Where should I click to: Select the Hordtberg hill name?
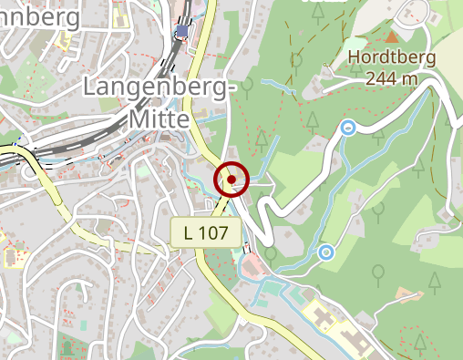(392, 58)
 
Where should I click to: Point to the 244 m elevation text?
(392, 78)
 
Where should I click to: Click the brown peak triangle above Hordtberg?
(391, 36)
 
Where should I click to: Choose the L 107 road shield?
(206, 232)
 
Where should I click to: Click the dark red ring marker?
(231, 180)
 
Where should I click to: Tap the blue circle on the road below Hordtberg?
(347, 129)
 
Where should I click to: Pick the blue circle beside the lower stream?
(325, 251)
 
